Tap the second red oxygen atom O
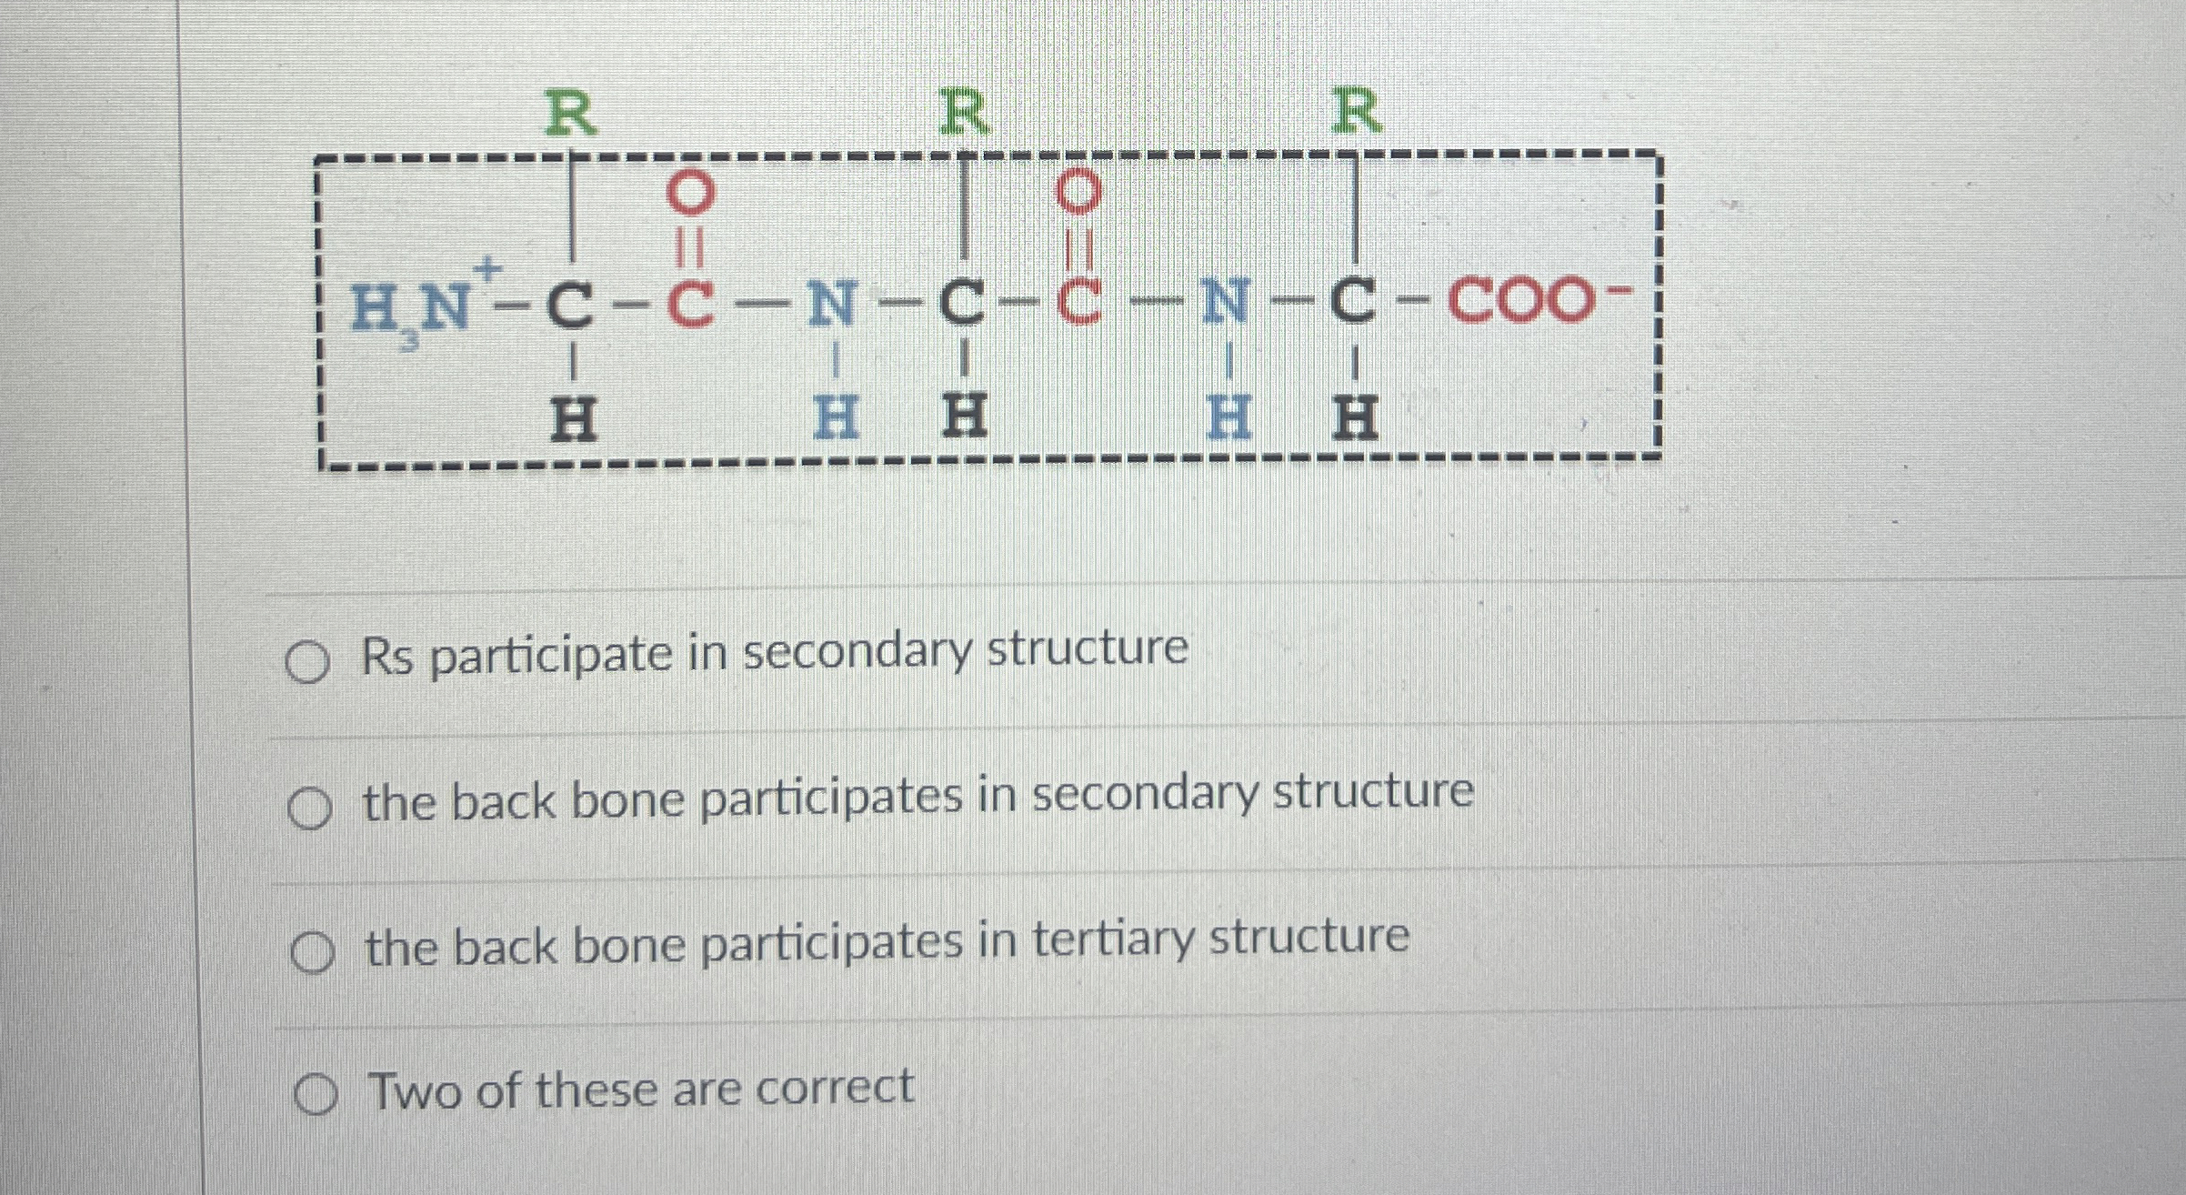pos(1079,192)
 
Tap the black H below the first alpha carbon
pos(574,419)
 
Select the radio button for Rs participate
pos(307,663)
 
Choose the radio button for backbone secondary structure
pos(309,809)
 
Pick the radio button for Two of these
pos(315,1096)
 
